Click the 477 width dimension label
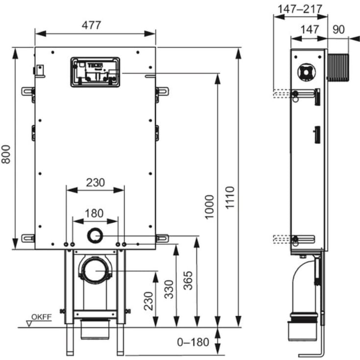95,25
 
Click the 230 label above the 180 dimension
95,182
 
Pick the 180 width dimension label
95,213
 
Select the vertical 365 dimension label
188,281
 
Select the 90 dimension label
338,29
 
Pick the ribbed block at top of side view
338,67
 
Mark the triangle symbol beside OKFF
29,323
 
